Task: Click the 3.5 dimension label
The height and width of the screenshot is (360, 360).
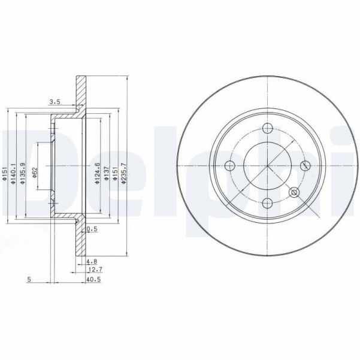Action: coord(55,102)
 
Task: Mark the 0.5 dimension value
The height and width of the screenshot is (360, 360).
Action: coord(92,229)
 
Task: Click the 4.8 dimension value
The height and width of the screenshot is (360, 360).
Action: coord(91,262)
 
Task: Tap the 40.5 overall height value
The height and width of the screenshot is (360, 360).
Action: coord(93,279)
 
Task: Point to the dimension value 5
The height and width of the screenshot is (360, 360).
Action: coord(29,279)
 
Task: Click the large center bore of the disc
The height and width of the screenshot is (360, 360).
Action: coord(267,166)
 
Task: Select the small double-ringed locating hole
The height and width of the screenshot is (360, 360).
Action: coord(294,192)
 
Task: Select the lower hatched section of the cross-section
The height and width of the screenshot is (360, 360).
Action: coord(80,240)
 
